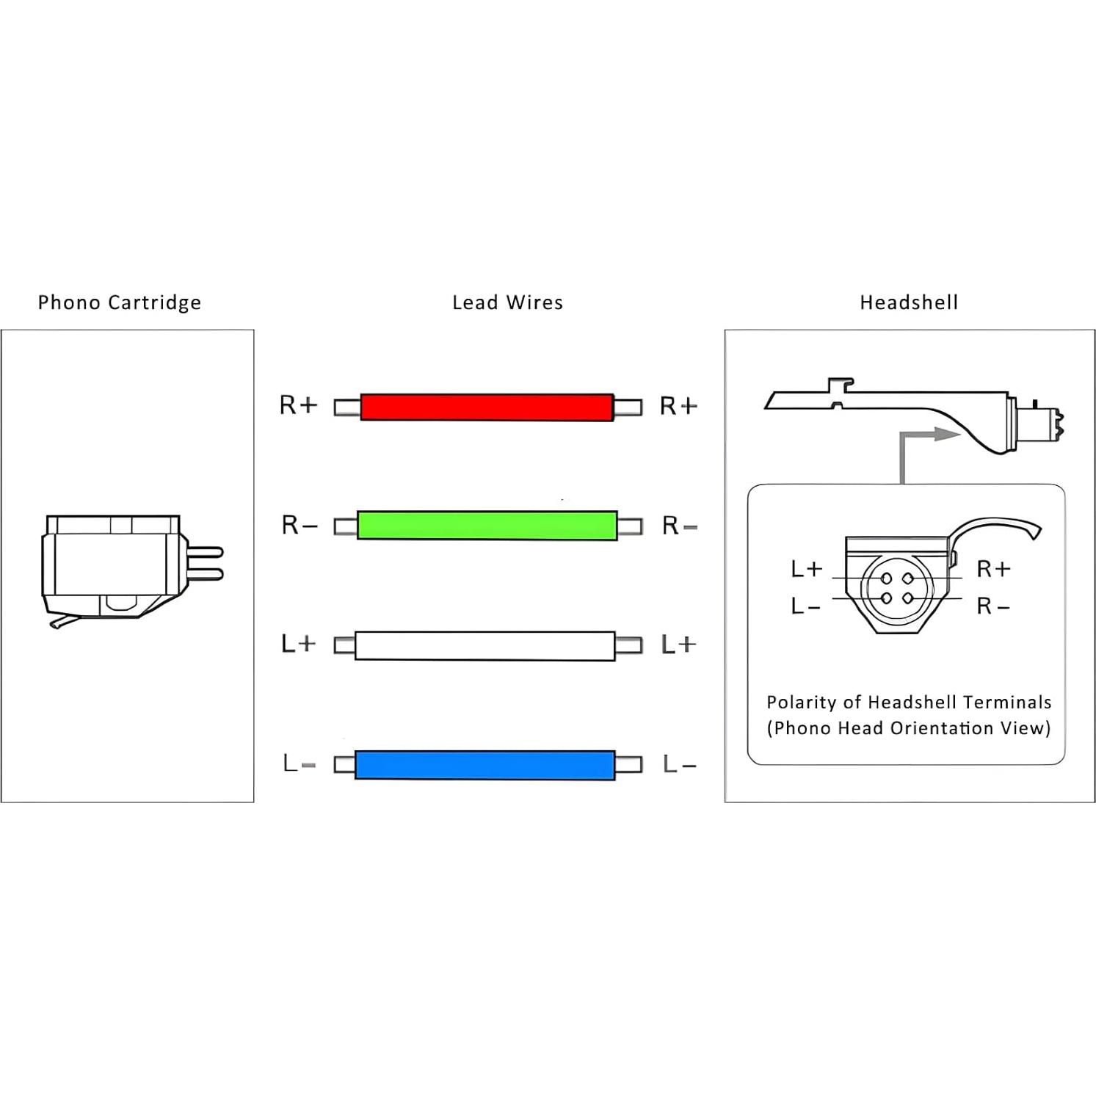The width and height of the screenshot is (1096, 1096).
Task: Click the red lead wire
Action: (x=487, y=407)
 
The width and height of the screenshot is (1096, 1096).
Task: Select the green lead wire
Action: (x=487, y=526)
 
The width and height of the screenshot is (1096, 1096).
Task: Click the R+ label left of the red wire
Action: (x=298, y=405)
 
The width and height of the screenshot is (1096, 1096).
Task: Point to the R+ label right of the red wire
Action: (x=678, y=406)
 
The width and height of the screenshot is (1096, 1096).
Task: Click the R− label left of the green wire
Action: (x=300, y=525)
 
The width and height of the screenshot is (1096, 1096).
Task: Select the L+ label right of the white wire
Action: (x=678, y=645)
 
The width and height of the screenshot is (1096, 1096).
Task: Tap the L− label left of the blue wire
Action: (x=300, y=763)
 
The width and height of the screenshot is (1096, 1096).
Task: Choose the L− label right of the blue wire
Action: (x=679, y=764)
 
